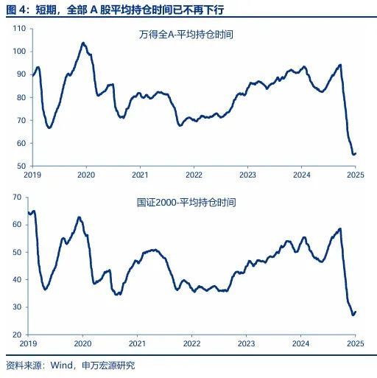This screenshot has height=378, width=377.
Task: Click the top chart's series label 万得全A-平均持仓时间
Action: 191,35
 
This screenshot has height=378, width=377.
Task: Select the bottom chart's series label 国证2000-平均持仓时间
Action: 195,201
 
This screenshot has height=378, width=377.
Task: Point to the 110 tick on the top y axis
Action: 19,28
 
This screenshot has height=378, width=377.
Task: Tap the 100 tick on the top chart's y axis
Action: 19,52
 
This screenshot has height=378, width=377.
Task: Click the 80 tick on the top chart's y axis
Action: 21,97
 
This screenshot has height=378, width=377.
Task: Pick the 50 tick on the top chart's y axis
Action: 21,167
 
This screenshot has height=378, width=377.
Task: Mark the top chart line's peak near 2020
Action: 82,43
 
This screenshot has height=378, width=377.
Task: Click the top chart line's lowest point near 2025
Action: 353,154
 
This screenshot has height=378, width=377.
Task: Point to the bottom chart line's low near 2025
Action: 353,315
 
